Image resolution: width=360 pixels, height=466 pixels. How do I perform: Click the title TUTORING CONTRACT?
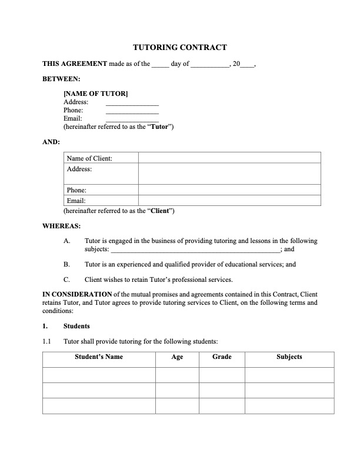pyautogui.click(x=179, y=48)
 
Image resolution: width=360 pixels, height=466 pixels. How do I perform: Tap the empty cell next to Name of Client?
pyautogui.click(x=229, y=158)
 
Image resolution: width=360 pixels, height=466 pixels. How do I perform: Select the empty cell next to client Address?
pyautogui.click(x=229, y=174)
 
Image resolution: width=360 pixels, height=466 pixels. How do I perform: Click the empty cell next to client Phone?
pyautogui.click(x=229, y=190)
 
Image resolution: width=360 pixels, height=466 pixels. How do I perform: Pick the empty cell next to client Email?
pyautogui.click(x=229, y=201)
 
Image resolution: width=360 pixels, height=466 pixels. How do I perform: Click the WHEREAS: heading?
pyautogui.click(x=62, y=225)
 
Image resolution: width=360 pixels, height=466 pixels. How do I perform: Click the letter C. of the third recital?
pyautogui.click(x=67, y=279)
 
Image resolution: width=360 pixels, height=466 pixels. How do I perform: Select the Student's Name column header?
pyautogui.click(x=99, y=357)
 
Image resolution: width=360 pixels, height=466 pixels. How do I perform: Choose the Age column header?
pyautogui.click(x=177, y=357)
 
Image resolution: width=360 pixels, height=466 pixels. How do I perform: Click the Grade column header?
pyautogui.click(x=222, y=357)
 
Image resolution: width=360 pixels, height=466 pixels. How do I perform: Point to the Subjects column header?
pyautogui.click(x=289, y=357)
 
